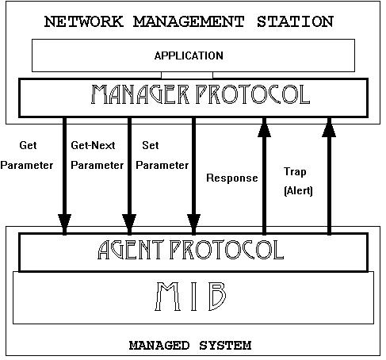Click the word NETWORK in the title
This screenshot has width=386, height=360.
click(x=83, y=21)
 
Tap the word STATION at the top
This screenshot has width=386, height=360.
click(x=295, y=21)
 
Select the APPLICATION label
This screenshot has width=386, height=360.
click(x=189, y=56)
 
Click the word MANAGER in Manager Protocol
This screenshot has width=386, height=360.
click(x=139, y=94)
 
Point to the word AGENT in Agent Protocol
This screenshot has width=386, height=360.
click(x=131, y=250)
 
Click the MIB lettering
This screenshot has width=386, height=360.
click(x=191, y=297)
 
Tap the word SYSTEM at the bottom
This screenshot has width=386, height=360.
click(x=225, y=346)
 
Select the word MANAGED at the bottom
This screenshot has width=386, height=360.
click(x=159, y=346)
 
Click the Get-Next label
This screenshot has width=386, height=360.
click(x=93, y=145)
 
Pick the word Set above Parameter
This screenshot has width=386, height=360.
click(x=151, y=145)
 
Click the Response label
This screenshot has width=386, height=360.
click(x=232, y=178)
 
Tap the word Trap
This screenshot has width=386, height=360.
click(x=295, y=172)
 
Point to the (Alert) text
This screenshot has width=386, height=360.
click(x=298, y=190)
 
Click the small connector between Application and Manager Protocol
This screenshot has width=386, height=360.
click(x=187, y=75)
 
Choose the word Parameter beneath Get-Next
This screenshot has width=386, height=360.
click(x=97, y=166)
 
